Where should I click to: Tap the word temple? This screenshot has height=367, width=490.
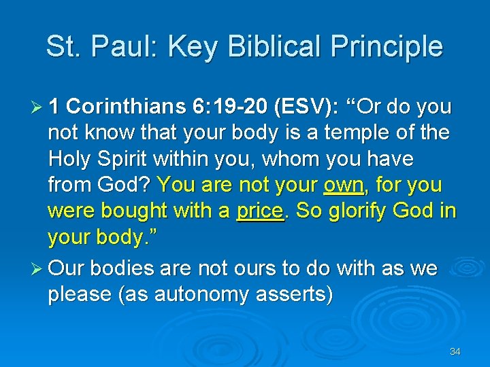click(x=367, y=133)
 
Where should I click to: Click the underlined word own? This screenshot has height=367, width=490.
click(x=343, y=184)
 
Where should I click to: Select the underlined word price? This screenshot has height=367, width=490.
click(x=259, y=211)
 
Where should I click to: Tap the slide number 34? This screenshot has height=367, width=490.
click(x=455, y=351)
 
